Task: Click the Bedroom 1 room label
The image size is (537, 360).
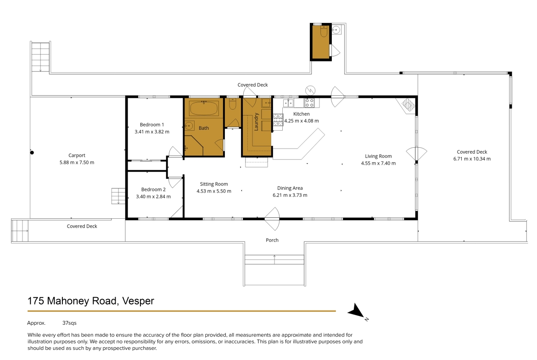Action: click(152, 125)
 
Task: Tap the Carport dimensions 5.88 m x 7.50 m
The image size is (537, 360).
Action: click(77, 162)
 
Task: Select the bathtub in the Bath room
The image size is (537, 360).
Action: click(203, 108)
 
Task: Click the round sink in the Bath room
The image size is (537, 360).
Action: click(189, 126)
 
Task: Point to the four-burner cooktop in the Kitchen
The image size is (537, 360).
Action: click(309, 103)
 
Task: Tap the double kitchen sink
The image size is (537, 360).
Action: click(288, 102)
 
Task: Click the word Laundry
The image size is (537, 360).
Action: click(256, 122)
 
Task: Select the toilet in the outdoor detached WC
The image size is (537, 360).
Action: click(324, 31)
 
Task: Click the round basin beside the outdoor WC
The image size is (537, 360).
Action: click(336, 30)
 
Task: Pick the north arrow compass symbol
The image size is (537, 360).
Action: click(357, 311)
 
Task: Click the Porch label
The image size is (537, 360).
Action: click(272, 240)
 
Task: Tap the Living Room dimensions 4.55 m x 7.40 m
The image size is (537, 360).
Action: click(379, 163)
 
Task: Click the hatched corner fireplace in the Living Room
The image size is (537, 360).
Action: click(408, 105)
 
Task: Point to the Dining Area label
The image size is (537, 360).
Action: click(290, 188)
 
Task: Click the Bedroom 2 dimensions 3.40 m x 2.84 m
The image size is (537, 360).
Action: click(153, 196)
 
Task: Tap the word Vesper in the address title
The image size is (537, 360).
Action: click(138, 301)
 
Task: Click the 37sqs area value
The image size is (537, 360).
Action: click(69, 323)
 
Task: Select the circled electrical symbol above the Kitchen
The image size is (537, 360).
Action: click(310, 90)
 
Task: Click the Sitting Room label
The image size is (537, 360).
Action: click(214, 184)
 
